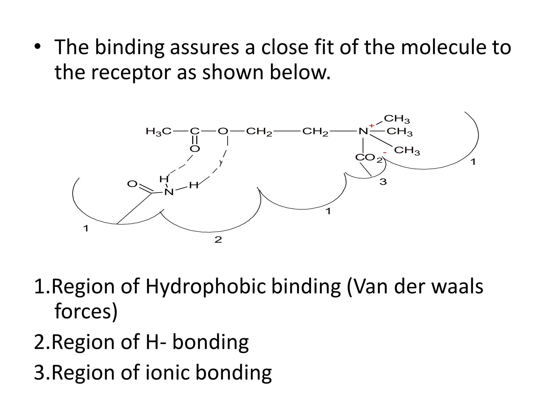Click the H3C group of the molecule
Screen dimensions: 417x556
[159, 132]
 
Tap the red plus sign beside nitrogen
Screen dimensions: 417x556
[372, 125]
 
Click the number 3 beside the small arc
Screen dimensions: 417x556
[383, 182]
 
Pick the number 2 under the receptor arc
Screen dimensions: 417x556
[218, 240]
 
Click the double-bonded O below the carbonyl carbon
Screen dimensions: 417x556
[195, 149]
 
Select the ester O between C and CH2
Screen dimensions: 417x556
[223, 131]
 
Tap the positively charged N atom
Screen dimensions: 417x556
[363, 131]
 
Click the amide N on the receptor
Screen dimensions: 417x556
[169, 192]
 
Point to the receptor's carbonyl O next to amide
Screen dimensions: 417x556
[132, 184]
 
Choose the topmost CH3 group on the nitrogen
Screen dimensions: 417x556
[397, 119]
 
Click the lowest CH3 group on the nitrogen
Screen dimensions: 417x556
[407, 150]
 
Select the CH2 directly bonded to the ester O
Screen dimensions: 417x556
[259, 132]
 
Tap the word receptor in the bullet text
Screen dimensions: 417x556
[131, 72]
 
